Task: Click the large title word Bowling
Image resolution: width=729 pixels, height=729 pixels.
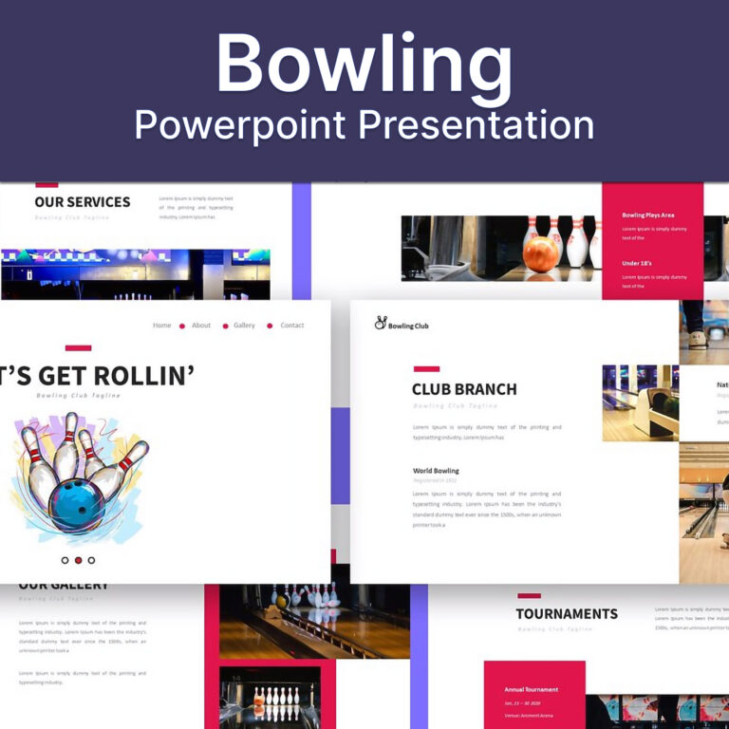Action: (x=364, y=65)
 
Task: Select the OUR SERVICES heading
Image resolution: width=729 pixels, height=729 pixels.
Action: (x=83, y=201)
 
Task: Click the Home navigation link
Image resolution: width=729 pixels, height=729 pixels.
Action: (x=162, y=326)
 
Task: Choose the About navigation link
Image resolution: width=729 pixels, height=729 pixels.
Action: (x=201, y=326)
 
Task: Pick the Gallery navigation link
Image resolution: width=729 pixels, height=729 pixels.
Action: (x=245, y=326)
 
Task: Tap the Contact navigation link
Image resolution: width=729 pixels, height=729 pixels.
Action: (x=292, y=326)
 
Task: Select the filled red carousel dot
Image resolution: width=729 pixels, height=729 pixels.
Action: (x=78, y=560)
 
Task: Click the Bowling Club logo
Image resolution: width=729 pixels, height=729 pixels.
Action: (x=401, y=325)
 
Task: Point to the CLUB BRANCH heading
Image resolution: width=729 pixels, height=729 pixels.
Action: (x=464, y=389)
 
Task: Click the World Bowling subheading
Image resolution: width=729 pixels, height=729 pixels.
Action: (x=436, y=471)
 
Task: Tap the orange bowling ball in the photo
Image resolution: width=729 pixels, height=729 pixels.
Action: (x=542, y=253)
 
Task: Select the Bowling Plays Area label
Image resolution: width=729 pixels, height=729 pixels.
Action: (x=648, y=215)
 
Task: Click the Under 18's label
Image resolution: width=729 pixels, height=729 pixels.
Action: (x=638, y=263)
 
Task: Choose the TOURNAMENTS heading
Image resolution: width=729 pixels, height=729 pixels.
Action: (x=567, y=614)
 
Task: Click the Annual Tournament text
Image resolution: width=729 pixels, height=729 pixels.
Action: (x=532, y=690)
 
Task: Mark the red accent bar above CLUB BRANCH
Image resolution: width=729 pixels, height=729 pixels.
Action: (x=426, y=368)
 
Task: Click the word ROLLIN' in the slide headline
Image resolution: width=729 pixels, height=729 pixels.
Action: (x=142, y=376)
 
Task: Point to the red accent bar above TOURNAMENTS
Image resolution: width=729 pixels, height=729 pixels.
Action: (x=529, y=595)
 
